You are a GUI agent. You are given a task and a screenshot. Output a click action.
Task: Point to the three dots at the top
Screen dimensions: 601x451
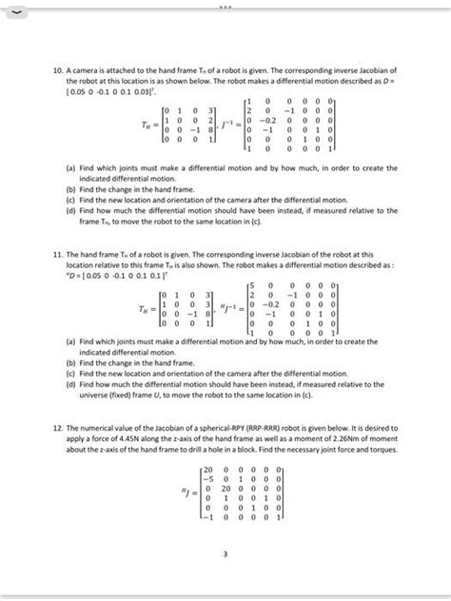[225, 4]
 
